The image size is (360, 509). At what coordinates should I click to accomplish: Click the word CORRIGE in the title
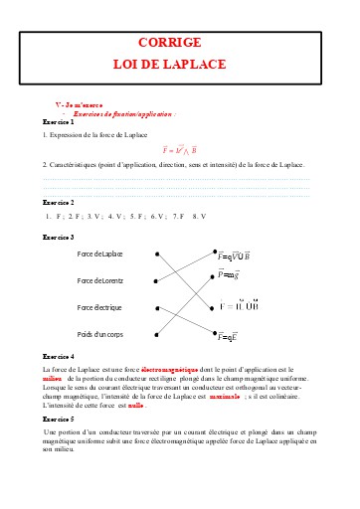click(180, 43)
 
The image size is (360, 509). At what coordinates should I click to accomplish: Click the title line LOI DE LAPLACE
click(180, 64)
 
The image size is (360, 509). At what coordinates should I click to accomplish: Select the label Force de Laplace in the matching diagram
click(99, 254)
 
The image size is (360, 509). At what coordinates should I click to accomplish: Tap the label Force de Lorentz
click(99, 281)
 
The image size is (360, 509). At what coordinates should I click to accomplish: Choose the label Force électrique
click(100, 308)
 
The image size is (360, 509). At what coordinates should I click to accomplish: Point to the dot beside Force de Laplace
click(155, 254)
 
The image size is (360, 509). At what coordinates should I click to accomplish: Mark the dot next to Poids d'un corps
click(155, 335)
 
